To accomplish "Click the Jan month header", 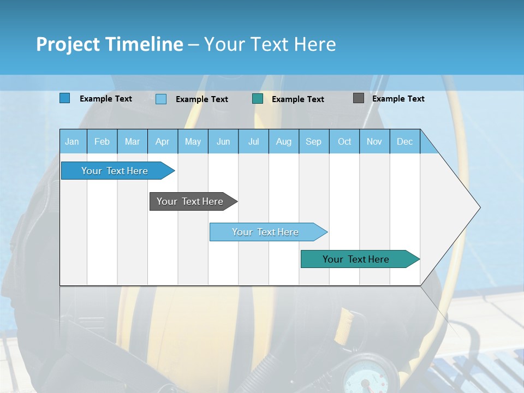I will [72, 141].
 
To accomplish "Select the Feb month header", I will [102, 141].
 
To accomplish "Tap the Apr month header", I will [162, 141].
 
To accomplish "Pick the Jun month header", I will [223, 141].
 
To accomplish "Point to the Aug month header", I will [283, 141].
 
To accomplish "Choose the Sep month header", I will [313, 141].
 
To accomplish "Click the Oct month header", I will [344, 141].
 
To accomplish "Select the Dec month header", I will [404, 141].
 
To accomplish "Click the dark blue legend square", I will [65, 98].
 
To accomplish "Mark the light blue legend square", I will [161, 99].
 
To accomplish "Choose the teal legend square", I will [258, 98].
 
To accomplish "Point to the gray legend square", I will [359, 98].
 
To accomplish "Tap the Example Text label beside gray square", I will [398, 99].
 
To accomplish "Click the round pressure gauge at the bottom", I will [363, 374].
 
